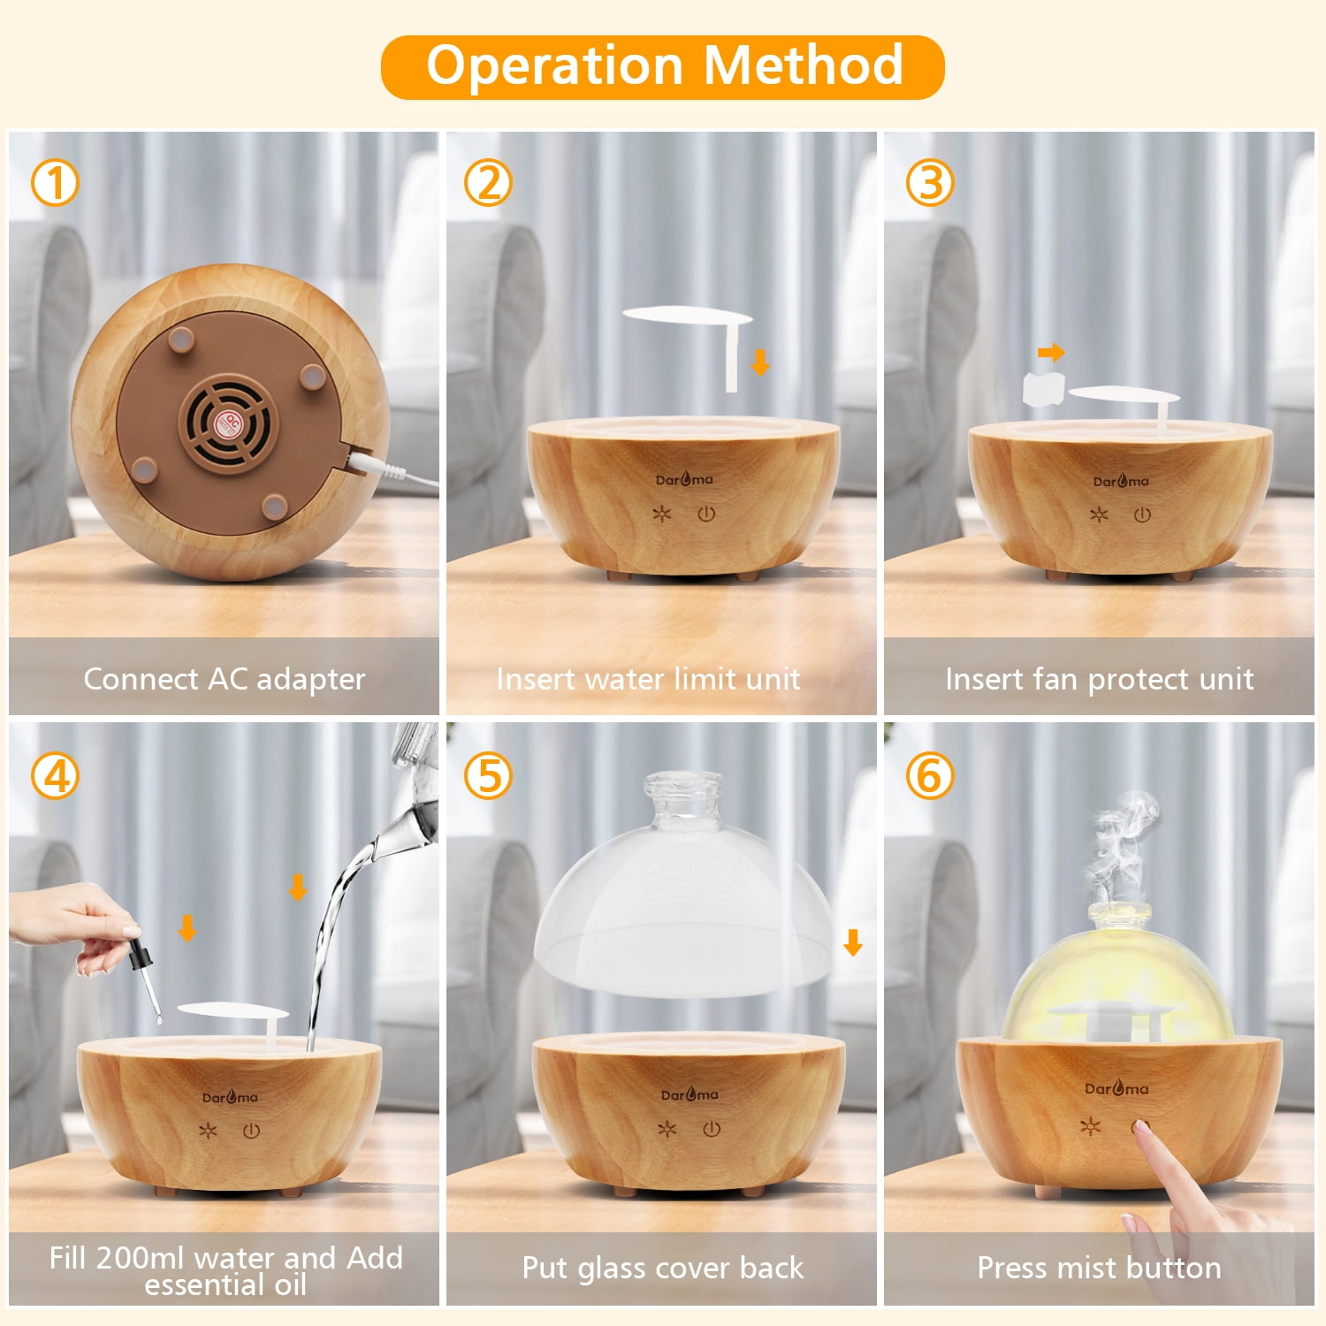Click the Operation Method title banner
(x=663, y=66)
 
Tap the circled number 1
(x=55, y=184)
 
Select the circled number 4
(x=55, y=776)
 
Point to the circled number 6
(x=930, y=776)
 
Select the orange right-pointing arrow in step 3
(x=1051, y=353)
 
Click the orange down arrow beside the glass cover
(x=853, y=942)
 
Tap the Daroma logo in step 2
(x=684, y=480)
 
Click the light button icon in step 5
(x=667, y=1129)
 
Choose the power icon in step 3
(x=1142, y=514)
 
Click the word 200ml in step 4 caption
(x=141, y=1257)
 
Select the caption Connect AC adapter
(x=224, y=679)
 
